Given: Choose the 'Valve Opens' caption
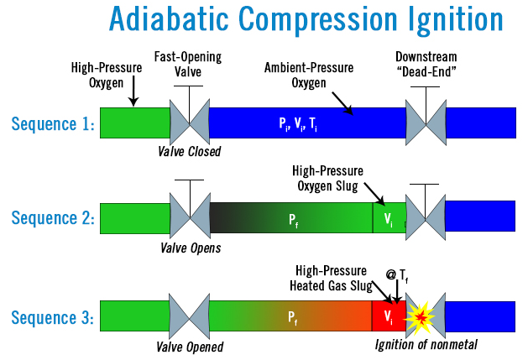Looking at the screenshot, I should pos(190,248).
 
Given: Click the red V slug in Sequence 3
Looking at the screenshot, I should pos(388,316).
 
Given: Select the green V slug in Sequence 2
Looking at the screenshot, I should pos(388,218).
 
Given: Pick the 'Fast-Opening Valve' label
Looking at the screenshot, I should pos(189,65).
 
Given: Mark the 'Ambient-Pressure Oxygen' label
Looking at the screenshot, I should pos(308,72).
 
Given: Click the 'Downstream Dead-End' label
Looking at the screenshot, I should pos(427,65).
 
